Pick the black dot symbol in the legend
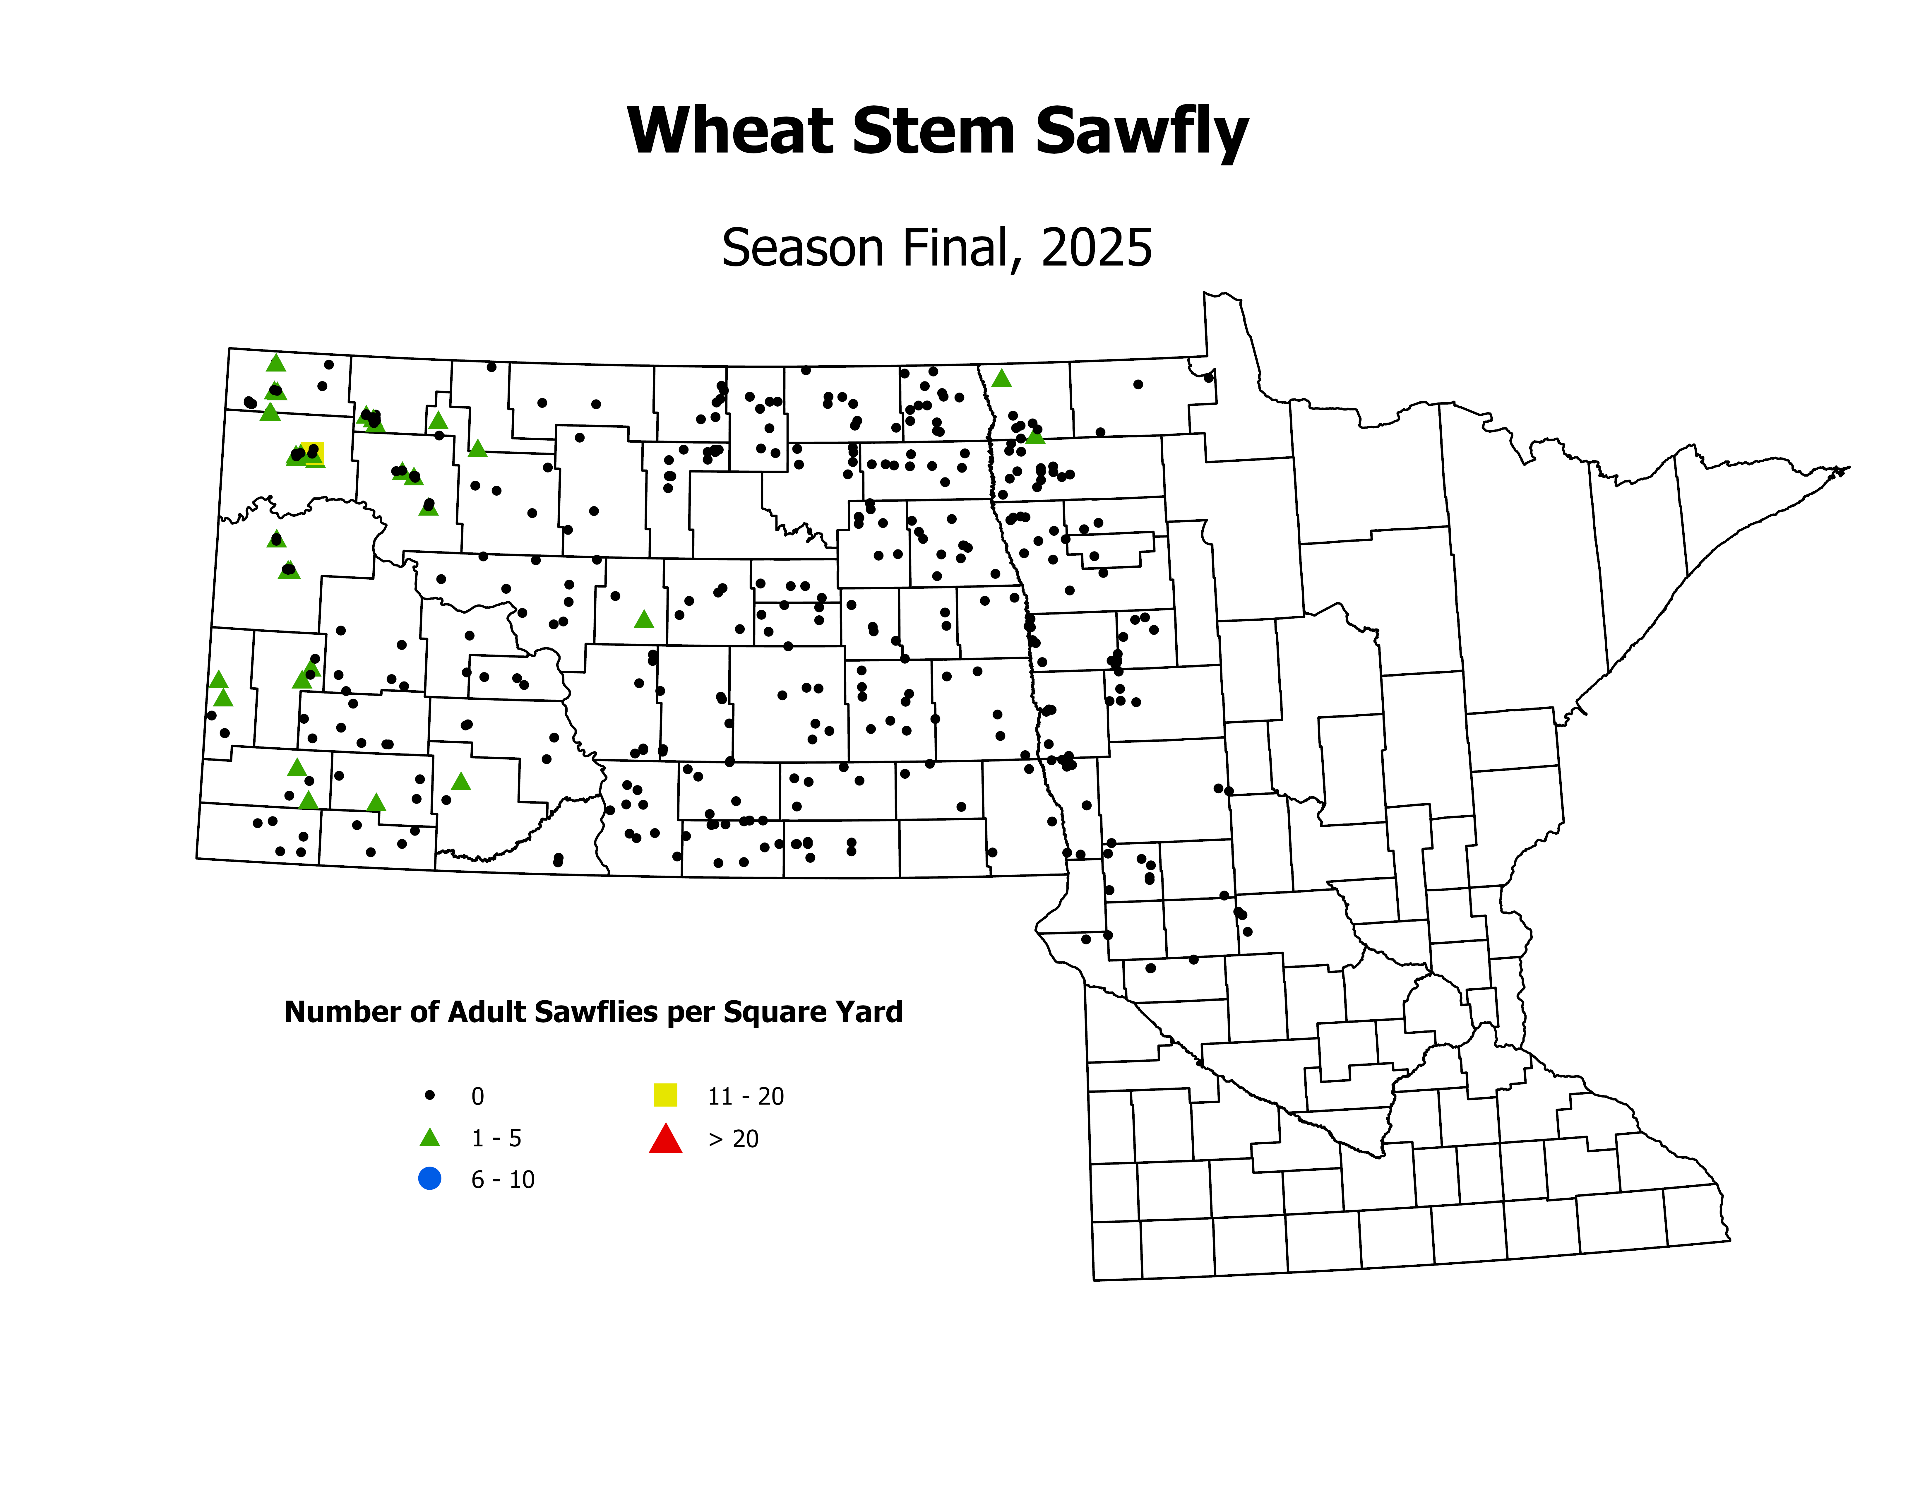430,1095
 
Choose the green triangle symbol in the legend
430,1137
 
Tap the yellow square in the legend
665,1095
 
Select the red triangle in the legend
665,1139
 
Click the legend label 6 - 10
502,1180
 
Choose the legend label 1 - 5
496,1138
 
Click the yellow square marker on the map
312,453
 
